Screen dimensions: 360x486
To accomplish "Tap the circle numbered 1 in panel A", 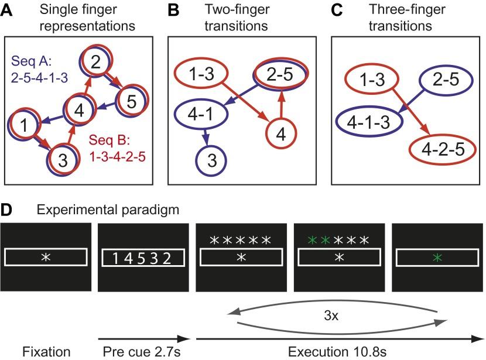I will (x=23, y=125).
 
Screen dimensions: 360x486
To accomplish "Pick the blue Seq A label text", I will (x=36, y=70).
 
